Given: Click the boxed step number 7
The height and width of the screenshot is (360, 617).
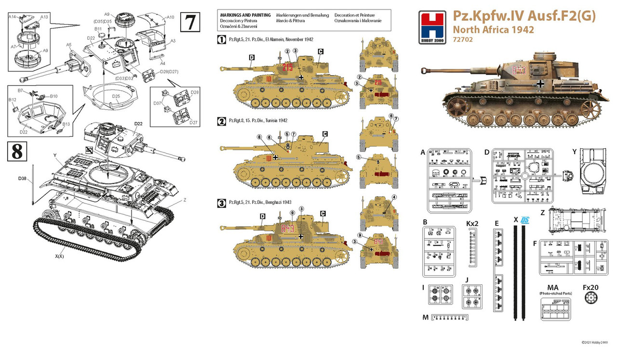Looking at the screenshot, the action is [x=190, y=22].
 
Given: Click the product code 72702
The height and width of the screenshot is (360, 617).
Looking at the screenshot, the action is [x=463, y=40].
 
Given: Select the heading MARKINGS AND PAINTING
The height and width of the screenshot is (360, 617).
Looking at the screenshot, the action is [x=242, y=15].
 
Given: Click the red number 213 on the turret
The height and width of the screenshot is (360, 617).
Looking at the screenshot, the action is [x=288, y=68].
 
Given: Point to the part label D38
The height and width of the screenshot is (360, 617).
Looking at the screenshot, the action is [x=22, y=179].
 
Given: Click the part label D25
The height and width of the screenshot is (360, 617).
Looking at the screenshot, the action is [x=116, y=96].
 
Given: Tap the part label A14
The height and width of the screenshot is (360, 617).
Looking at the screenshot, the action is [x=13, y=16].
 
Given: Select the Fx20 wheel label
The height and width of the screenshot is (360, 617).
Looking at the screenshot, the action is [x=590, y=288].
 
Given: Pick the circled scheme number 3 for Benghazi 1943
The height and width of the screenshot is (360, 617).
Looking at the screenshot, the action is [x=222, y=203].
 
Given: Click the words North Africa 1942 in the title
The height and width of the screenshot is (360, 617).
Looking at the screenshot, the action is [x=493, y=29].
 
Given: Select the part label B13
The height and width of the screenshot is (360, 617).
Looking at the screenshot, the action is [x=66, y=124].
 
